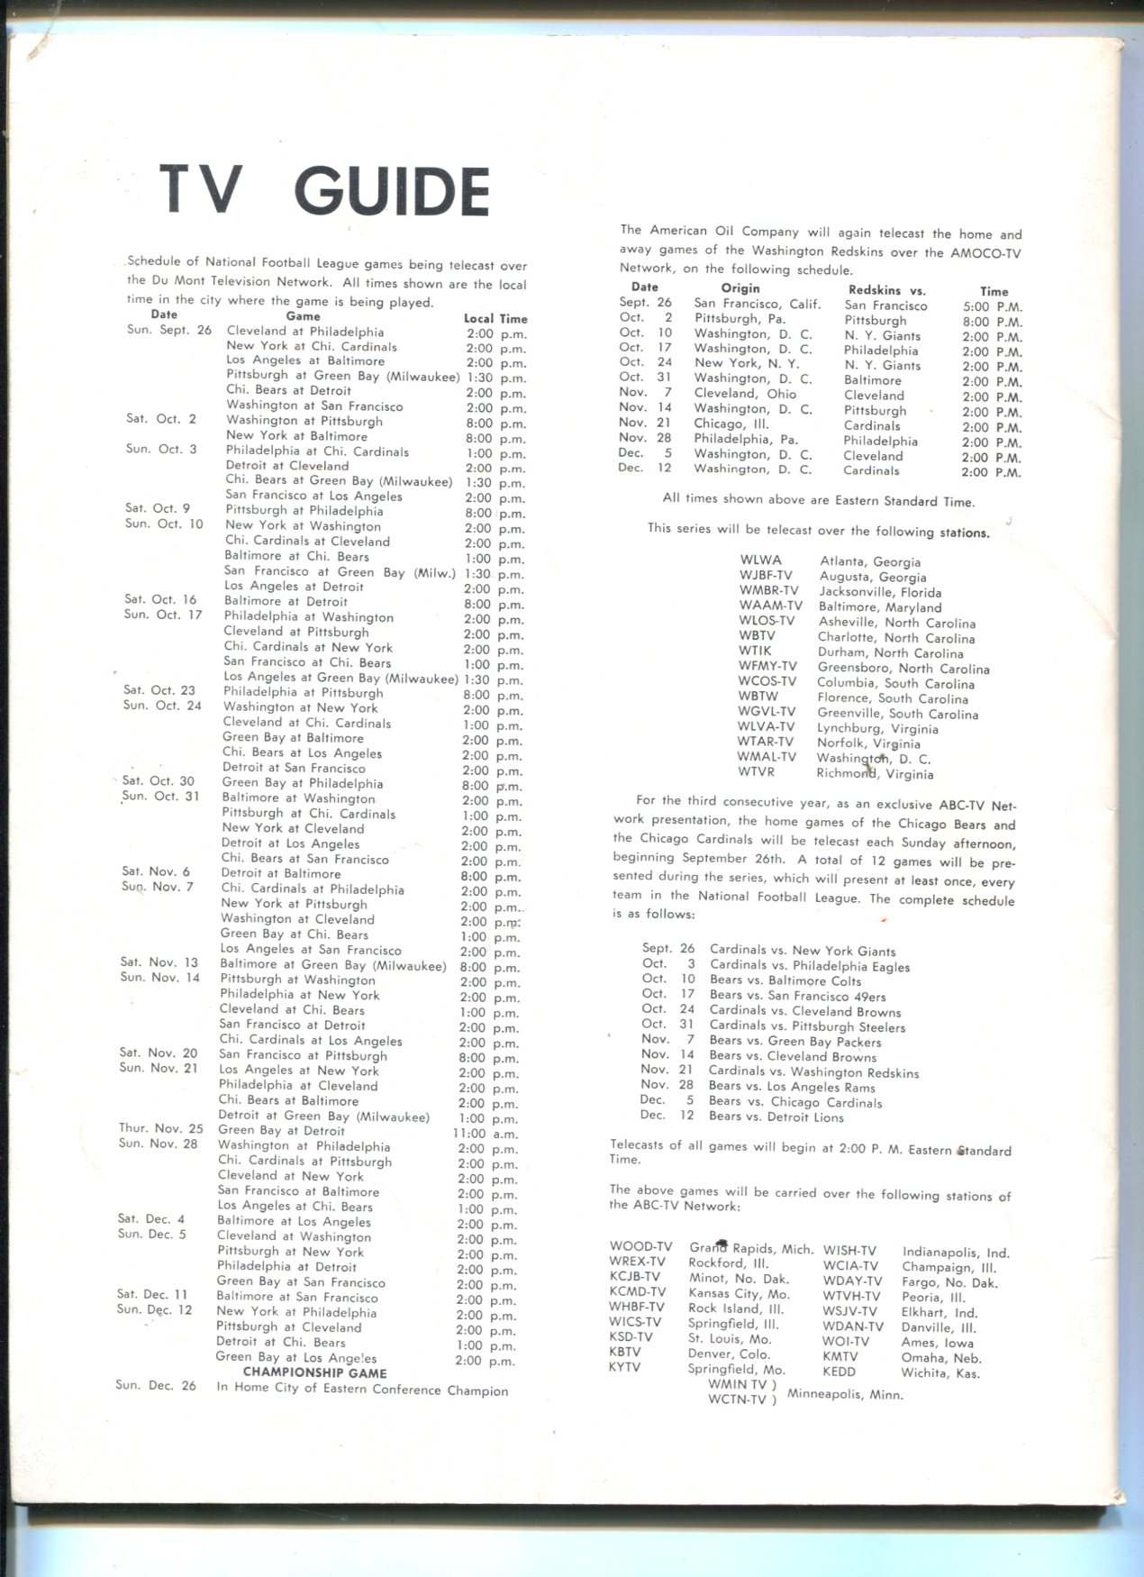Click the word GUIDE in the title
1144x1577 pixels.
392,192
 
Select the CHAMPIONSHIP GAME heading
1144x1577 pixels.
314,1372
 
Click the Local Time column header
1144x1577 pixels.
495,319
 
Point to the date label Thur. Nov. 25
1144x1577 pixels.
161,1128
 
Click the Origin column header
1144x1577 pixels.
740,288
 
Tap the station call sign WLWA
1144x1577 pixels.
761,560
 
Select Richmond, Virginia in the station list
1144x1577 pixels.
875,773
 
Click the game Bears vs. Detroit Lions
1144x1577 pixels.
776,1117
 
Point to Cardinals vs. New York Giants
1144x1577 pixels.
802,951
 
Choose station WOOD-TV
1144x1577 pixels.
640,1247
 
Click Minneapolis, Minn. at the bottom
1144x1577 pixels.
845,1394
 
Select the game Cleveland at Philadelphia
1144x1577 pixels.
304,332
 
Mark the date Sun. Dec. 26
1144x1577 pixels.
155,1385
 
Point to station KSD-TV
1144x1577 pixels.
631,1337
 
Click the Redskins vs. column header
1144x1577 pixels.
886,290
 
